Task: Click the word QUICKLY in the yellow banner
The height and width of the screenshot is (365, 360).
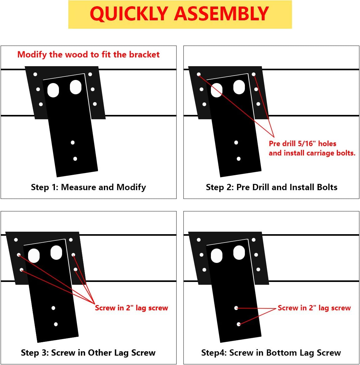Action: (129, 14)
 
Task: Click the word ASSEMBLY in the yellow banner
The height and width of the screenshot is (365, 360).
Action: (221, 14)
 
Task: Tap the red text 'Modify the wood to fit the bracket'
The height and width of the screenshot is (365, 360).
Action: (88, 55)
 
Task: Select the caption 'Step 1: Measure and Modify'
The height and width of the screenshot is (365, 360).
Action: (88, 187)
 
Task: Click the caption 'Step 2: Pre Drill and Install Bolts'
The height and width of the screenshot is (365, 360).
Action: (271, 187)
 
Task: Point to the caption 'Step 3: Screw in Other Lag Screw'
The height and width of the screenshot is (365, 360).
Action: (88, 353)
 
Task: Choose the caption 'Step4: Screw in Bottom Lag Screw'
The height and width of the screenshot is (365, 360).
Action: (271, 353)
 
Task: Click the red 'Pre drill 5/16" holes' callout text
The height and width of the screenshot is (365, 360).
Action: (302, 144)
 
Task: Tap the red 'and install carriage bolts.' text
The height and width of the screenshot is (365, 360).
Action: (312, 153)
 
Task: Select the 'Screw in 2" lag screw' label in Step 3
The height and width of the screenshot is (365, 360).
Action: (131, 308)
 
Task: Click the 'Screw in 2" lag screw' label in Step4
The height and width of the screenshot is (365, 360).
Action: (314, 308)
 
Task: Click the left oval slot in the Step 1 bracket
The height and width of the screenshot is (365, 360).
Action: (53, 90)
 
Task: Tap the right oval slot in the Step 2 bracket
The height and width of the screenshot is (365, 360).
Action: (239, 87)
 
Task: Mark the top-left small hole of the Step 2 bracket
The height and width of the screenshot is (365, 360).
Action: (199, 74)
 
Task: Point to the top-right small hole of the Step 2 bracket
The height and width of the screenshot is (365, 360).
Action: (254, 74)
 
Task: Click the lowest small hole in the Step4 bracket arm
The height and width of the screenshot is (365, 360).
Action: (239, 324)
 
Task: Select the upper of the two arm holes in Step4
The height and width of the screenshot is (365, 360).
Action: (236, 308)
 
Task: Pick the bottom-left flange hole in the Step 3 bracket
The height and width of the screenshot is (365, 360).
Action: (22, 270)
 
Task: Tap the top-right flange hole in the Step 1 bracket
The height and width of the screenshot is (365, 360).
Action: (90, 74)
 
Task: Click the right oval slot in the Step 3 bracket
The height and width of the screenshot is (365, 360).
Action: (56, 253)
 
